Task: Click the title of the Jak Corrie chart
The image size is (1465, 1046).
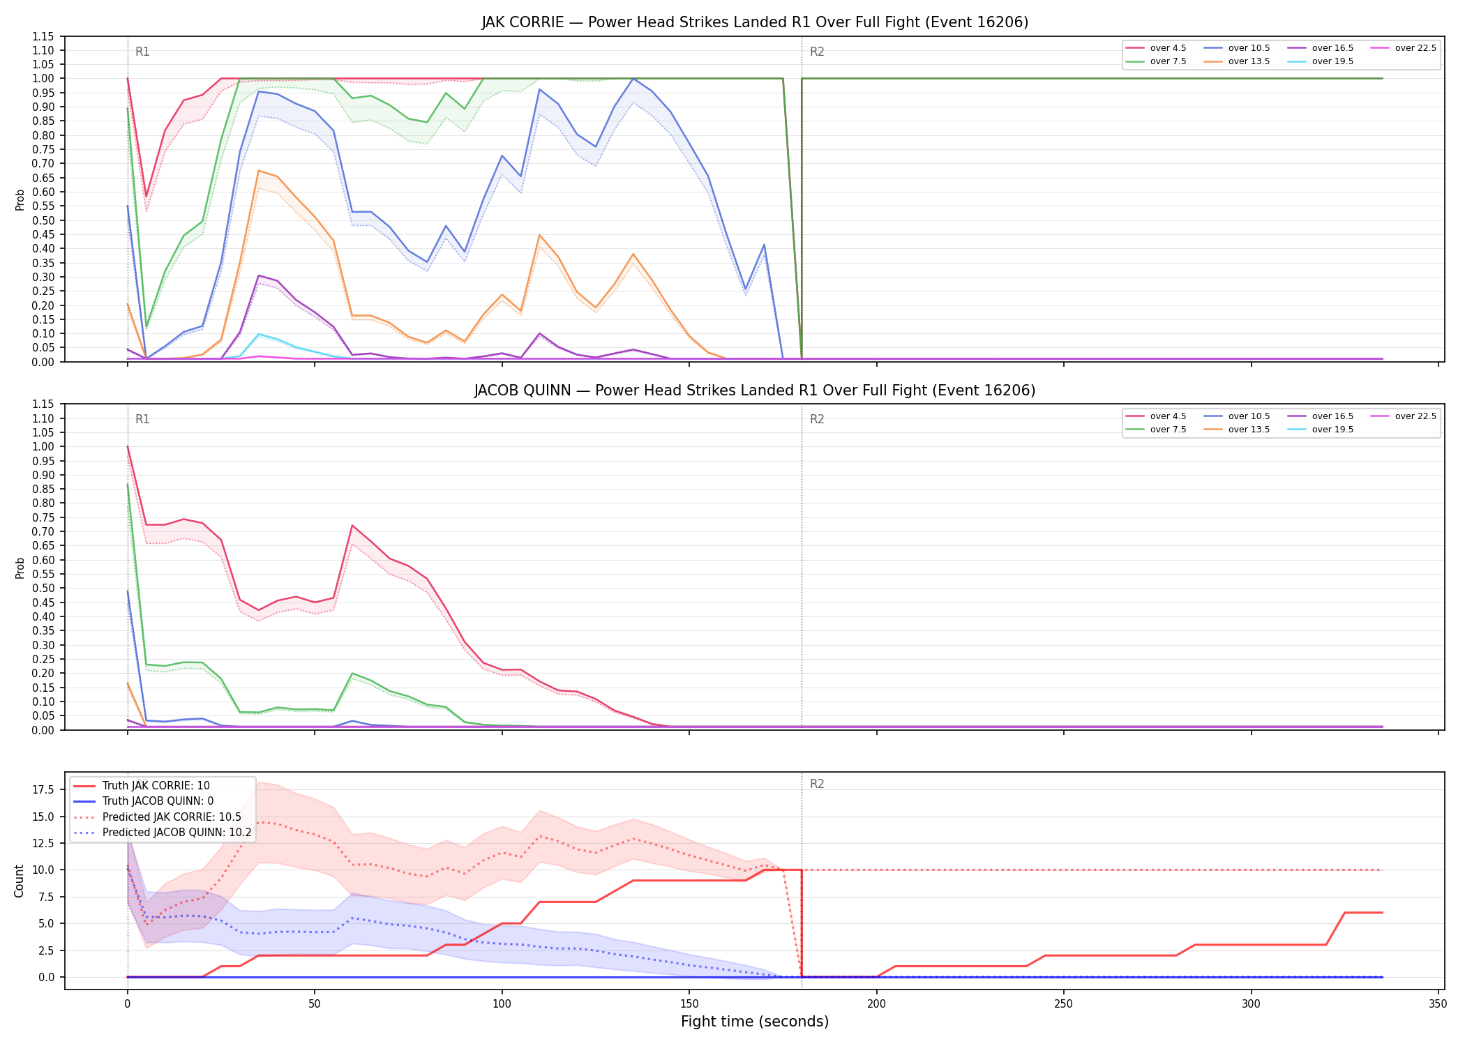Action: coord(755,22)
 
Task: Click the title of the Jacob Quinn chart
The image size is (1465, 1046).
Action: coord(755,391)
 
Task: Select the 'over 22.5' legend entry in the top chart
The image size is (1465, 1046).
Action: coord(1404,48)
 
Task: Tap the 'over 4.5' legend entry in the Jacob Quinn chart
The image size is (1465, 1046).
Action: coord(1156,416)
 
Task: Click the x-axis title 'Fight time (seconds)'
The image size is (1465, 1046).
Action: coord(755,1022)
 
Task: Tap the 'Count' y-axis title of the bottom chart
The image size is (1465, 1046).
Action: coord(20,881)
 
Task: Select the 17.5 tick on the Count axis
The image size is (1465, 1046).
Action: coord(46,789)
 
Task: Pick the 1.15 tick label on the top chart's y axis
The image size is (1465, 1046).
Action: coord(46,36)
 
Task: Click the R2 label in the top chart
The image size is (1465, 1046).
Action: coord(817,52)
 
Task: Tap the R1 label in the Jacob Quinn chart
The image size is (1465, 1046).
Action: coord(142,419)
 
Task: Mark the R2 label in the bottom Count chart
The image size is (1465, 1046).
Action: coord(817,784)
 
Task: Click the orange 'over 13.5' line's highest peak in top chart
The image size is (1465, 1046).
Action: coord(259,170)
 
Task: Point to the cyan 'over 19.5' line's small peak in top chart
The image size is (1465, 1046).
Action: coord(259,334)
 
